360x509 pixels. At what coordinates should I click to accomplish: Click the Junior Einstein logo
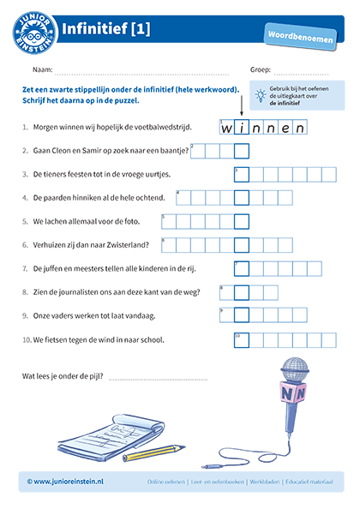coord(36,30)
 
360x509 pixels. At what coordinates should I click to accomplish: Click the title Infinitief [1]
coord(107,29)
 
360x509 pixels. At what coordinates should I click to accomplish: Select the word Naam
coord(43,69)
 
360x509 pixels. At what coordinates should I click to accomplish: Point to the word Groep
coord(260,69)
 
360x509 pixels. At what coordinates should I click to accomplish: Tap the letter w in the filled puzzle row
coord(227,129)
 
